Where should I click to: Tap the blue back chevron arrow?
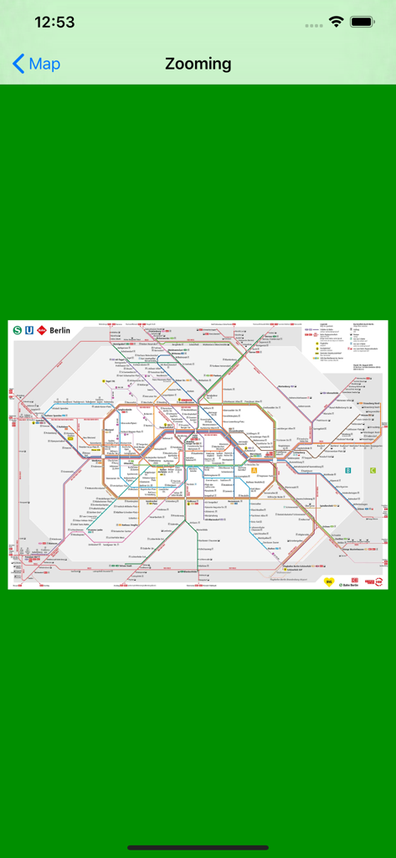pyautogui.click(x=18, y=64)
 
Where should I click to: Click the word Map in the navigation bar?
pyautogui.click(x=44, y=64)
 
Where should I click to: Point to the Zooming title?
pyautogui.click(x=198, y=64)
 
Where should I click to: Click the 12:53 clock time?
pyautogui.click(x=54, y=23)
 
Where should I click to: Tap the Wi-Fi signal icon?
pyautogui.click(x=337, y=23)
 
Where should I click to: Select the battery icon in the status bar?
pyautogui.click(x=363, y=23)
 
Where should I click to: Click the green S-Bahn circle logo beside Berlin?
pyautogui.click(x=17, y=330)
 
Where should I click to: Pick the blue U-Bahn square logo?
pyautogui.click(x=29, y=330)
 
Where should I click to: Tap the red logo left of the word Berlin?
pyautogui.click(x=42, y=330)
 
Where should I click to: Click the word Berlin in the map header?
pyautogui.click(x=60, y=330)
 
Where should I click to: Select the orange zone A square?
pyautogui.click(x=255, y=470)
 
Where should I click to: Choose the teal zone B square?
pyautogui.click(x=347, y=470)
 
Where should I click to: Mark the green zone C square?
pyautogui.click(x=373, y=470)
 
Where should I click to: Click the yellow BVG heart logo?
pyautogui.click(x=329, y=581)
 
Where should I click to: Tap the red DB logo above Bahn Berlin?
pyautogui.click(x=355, y=578)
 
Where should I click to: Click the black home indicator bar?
pyautogui.click(x=198, y=847)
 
